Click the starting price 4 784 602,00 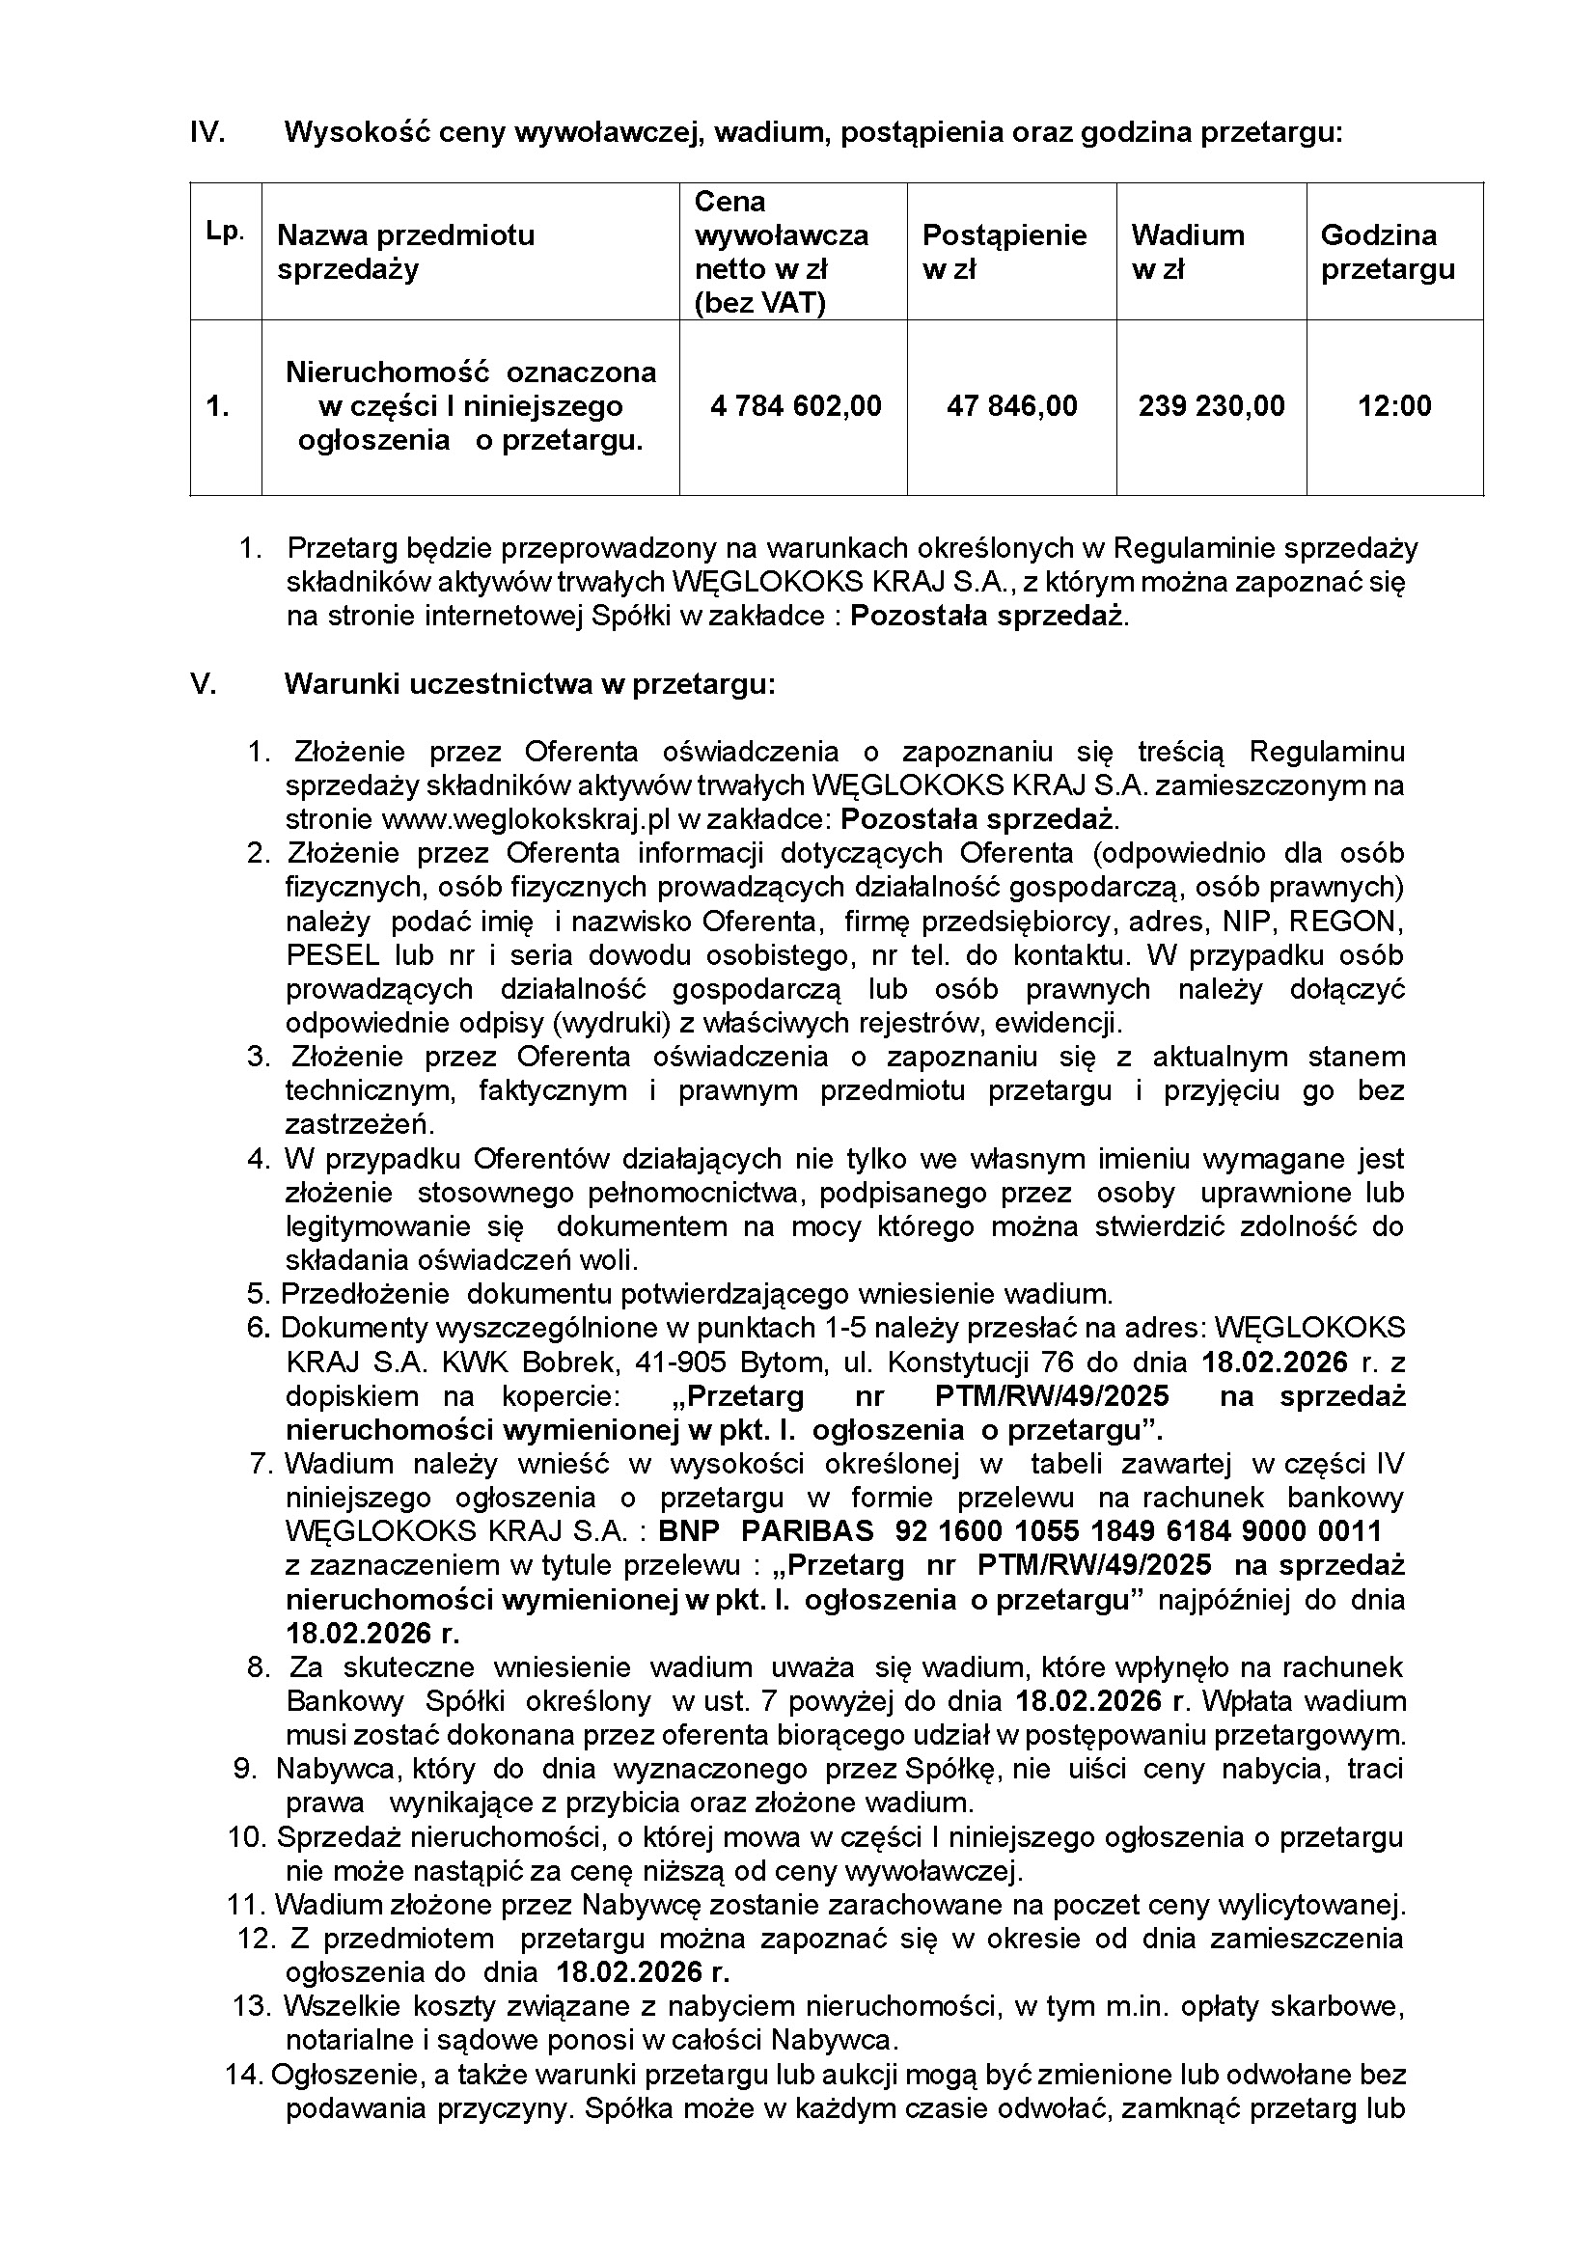[x=795, y=406]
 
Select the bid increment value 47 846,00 [x=1011, y=406]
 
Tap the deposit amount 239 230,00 [x=1211, y=406]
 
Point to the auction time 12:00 [x=1393, y=406]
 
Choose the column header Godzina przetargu [x=1387, y=252]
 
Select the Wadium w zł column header [x=1187, y=252]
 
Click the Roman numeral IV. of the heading [x=207, y=133]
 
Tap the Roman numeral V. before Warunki [x=203, y=684]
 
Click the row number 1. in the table [x=218, y=406]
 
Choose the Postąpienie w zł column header [x=1004, y=252]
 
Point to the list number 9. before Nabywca [x=245, y=1769]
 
